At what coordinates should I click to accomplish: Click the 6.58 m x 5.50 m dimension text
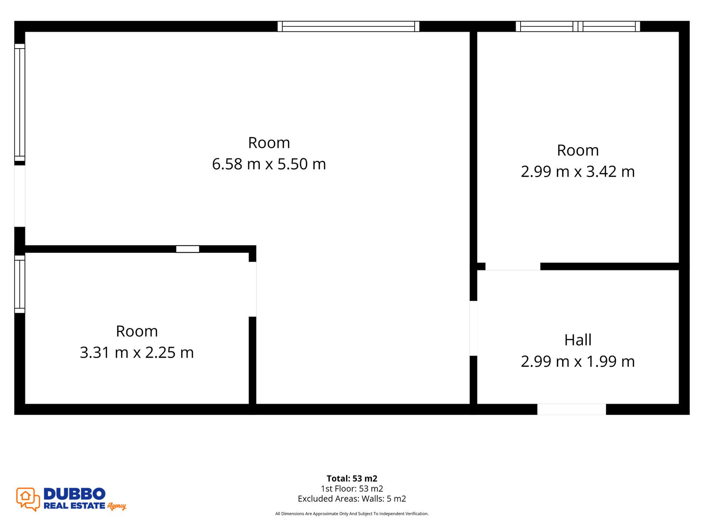269,164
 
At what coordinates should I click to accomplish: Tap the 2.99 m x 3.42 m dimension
578,172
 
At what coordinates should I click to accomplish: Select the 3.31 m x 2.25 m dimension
137,352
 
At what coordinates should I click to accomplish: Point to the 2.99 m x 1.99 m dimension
578,361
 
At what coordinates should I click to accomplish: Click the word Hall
578,340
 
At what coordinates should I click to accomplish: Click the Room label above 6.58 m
269,143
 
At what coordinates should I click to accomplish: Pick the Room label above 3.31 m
137,331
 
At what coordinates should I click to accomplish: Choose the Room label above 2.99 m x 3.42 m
578,150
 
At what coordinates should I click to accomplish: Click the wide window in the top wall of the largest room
348,26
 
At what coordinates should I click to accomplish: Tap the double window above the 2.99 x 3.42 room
578,26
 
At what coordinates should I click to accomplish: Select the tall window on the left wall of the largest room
20,103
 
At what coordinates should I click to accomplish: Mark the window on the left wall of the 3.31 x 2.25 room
20,284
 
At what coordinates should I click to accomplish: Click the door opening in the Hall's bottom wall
571,409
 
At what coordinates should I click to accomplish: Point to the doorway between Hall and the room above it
513,266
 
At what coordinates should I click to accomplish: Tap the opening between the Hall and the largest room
473,328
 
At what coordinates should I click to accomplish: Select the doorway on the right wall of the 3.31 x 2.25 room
252,289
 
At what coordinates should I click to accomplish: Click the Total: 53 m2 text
352,478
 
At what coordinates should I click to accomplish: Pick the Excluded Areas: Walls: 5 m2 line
352,499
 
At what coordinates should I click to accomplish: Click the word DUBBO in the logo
74,494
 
